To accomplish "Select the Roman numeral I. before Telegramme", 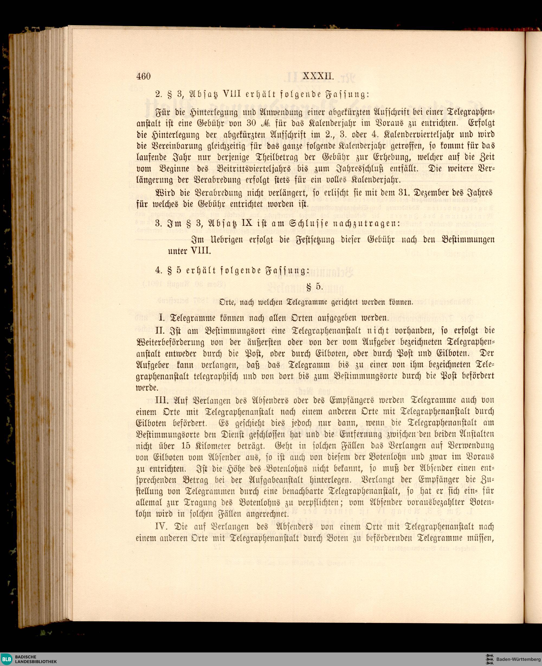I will pyautogui.click(x=162, y=318).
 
